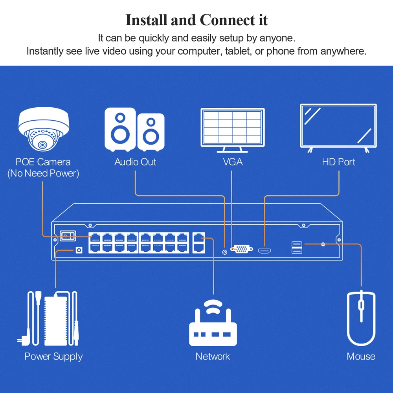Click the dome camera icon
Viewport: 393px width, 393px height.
pyautogui.click(x=44, y=129)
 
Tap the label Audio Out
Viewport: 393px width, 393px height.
pyautogui.click(x=135, y=162)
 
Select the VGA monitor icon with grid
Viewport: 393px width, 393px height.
pyautogui.click(x=233, y=130)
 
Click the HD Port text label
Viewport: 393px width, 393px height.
pyautogui.click(x=338, y=162)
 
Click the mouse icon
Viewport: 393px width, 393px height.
pyautogui.click(x=361, y=318)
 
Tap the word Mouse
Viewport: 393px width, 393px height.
pyautogui.click(x=361, y=356)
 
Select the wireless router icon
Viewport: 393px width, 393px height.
pyautogui.click(x=213, y=323)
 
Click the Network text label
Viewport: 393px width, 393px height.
pyautogui.click(x=213, y=356)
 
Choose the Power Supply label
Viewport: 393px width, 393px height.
pyautogui.click(x=53, y=357)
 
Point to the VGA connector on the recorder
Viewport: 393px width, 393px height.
pyautogui.click(x=242, y=249)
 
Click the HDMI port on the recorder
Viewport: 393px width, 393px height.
pyautogui.click(x=264, y=251)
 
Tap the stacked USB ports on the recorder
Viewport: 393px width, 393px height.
pyautogui.click(x=297, y=248)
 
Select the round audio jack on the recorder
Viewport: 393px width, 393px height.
pyautogui.click(x=224, y=252)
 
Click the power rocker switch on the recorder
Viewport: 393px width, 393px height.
pyautogui.click(x=68, y=236)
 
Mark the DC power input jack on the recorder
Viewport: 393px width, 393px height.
pyautogui.click(x=79, y=250)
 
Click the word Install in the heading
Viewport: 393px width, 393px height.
pyautogui.click(x=146, y=20)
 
